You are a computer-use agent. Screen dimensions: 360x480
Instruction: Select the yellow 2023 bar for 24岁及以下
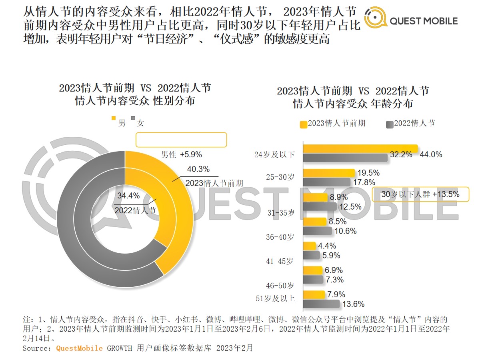point(360,149)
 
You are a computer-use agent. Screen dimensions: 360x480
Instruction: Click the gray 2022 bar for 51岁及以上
point(322,304)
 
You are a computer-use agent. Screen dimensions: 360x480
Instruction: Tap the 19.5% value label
point(369,173)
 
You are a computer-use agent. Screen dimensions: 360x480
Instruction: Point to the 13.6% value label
point(353,304)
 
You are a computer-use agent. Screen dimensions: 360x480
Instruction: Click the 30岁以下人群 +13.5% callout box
point(420,194)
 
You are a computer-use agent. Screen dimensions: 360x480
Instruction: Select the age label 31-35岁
point(281,213)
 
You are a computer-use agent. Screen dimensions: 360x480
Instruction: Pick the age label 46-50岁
point(280,286)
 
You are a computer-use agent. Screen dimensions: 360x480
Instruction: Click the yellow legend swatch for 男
point(113,118)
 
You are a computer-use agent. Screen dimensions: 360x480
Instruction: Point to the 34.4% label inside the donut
point(128,196)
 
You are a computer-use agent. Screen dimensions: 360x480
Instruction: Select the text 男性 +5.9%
point(181,154)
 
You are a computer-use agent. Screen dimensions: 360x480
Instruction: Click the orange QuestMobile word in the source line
point(79,348)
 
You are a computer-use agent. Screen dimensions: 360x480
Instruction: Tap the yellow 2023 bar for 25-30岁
point(329,173)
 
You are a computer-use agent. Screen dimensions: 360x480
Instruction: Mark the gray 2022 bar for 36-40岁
point(318,231)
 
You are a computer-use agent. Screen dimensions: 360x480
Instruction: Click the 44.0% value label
point(431,154)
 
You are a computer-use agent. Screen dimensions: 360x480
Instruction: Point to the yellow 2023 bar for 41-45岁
point(310,246)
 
